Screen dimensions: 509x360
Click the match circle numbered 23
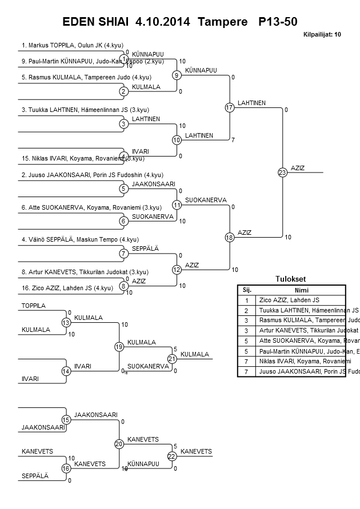tap(282, 173)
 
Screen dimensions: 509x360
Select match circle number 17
tap(230, 107)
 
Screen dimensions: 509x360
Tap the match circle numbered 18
tap(230, 238)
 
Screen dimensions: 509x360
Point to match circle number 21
tap(172, 359)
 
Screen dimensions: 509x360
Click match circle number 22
tap(172, 456)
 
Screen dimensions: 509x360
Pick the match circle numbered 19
tap(119, 347)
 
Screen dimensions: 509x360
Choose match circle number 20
tap(119, 444)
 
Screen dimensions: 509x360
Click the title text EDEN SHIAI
tap(97, 22)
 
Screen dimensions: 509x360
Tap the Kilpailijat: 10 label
tap(322, 35)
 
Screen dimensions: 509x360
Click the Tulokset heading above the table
tap(291, 279)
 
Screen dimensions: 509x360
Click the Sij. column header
tap(247, 290)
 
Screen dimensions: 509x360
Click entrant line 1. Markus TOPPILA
tap(72, 45)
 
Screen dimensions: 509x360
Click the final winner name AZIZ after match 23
tap(298, 167)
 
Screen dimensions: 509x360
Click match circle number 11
tap(177, 205)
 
